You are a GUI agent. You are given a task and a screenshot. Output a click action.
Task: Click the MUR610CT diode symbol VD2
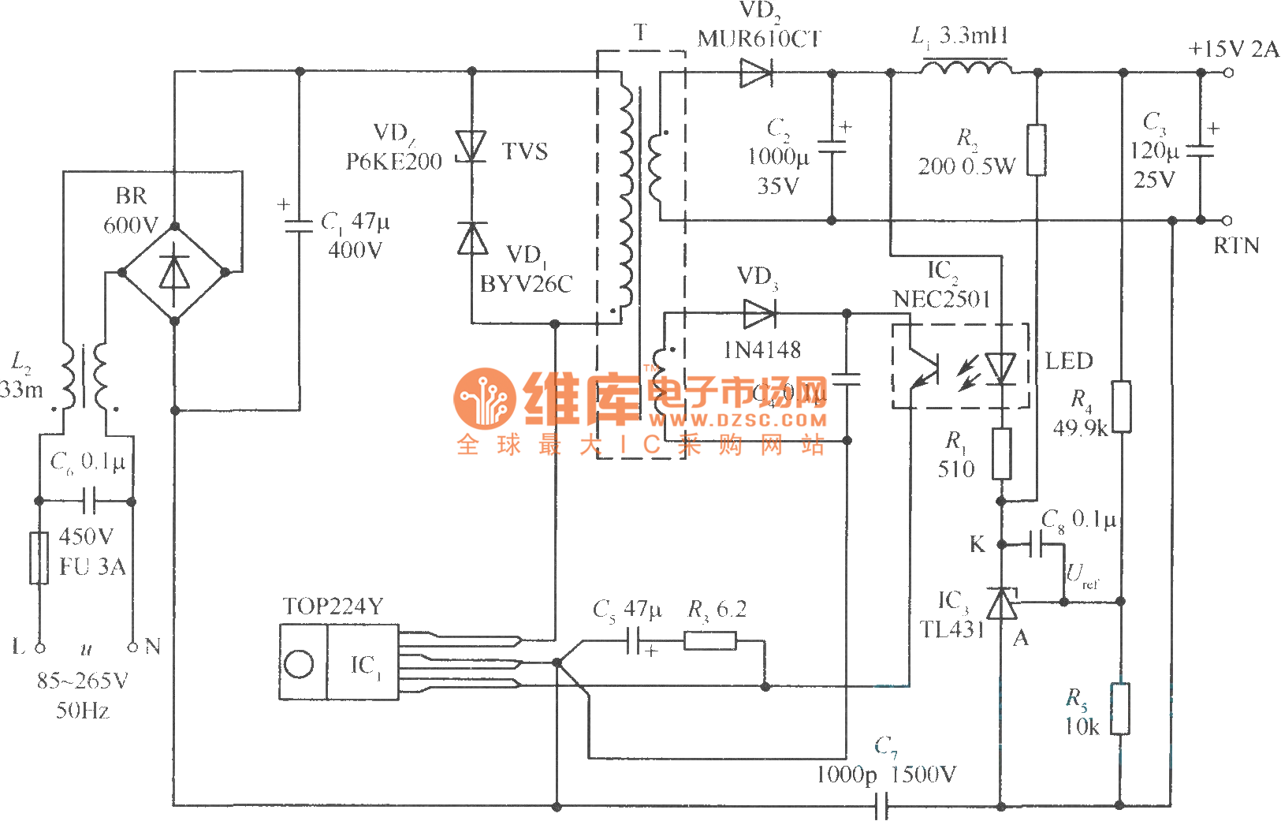[755, 73]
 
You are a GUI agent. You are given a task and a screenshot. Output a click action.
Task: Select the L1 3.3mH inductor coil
[966, 69]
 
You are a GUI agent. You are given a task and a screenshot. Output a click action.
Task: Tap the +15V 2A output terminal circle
[1227, 73]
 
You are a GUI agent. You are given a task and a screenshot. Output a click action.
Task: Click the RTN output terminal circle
[1227, 220]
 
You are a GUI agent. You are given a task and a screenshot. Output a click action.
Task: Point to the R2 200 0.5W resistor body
[1037, 150]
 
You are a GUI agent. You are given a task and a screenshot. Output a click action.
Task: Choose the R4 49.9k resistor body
[1121, 407]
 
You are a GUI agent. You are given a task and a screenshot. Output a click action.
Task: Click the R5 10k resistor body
[1120, 709]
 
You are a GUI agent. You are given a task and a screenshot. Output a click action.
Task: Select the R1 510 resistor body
[1001, 453]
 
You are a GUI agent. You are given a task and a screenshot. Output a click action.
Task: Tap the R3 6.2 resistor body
[709, 640]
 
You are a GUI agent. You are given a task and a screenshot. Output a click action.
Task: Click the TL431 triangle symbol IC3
[1002, 604]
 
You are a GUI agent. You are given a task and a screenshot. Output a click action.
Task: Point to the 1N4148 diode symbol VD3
[758, 314]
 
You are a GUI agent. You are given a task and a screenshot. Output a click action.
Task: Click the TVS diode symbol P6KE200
[471, 147]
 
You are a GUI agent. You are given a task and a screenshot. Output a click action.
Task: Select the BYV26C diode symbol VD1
[472, 238]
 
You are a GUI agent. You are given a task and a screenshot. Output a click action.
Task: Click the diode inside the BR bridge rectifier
[174, 273]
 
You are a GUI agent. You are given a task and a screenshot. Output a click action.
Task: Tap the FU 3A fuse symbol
[39, 558]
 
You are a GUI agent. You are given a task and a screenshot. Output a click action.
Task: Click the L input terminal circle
[39, 647]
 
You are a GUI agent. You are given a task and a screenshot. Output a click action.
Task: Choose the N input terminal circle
[132, 647]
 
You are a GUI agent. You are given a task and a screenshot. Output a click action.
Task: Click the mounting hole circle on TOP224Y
[299, 663]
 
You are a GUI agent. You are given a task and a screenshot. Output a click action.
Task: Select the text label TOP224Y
[333, 606]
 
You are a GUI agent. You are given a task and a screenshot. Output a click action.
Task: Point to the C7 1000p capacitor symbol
[882, 806]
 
